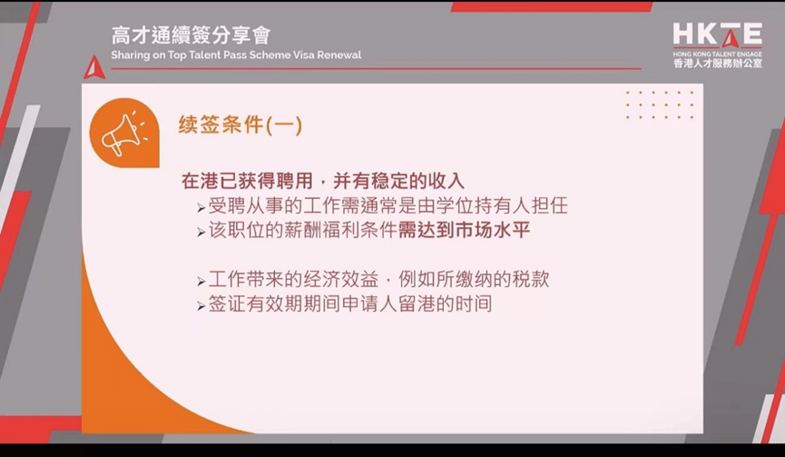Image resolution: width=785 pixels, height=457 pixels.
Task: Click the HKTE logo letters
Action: [718, 35]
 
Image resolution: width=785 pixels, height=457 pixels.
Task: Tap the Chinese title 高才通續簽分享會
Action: [191, 35]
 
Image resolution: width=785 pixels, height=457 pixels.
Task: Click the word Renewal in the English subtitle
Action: [339, 55]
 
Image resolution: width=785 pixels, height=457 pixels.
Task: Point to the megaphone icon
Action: [123, 134]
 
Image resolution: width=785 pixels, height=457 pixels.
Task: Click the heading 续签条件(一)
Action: [240, 124]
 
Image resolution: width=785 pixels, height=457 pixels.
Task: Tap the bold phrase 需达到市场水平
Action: [464, 230]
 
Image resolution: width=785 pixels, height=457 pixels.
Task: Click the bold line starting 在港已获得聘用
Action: [323, 181]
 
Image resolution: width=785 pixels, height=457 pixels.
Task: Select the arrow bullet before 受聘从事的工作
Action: [201, 207]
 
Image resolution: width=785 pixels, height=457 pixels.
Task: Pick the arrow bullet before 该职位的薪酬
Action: [201, 232]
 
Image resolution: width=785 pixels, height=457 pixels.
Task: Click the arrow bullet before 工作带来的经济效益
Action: [201, 282]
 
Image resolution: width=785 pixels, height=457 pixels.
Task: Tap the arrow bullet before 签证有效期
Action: [201, 305]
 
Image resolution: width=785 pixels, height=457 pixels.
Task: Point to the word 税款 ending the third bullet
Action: [531, 279]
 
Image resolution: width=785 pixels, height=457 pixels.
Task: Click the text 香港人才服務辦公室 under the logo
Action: [718, 63]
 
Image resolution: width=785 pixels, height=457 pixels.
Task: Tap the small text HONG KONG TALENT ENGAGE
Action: [718, 53]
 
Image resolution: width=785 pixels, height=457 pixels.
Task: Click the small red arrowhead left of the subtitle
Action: [94, 68]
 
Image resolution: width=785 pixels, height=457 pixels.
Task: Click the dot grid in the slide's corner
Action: [660, 104]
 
